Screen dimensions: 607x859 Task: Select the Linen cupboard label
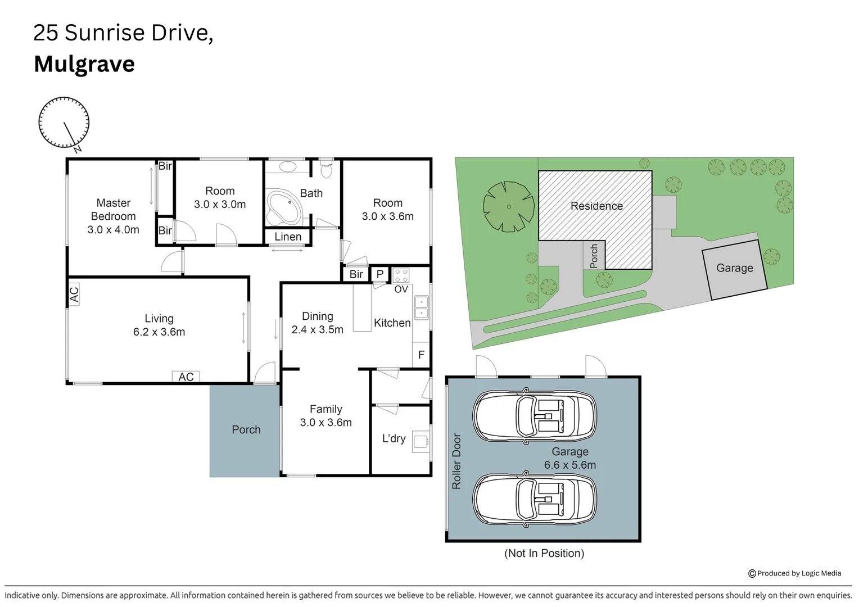[288, 237]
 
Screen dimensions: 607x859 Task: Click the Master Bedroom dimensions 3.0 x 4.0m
[113, 229]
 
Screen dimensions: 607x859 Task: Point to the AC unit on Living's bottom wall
[186, 377]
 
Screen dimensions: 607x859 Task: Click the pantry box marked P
[380, 274]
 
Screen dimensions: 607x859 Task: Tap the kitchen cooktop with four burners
[401, 275]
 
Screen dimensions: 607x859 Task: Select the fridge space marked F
[421, 355]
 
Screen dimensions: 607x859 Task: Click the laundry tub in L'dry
[419, 441]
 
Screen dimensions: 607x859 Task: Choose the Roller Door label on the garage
[456, 461]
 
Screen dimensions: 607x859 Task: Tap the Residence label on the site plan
[596, 206]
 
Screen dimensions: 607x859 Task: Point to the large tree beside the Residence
[508, 206]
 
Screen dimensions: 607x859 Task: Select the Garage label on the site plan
[734, 268]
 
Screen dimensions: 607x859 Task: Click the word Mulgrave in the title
[84, 64]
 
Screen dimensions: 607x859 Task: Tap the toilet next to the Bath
[326, 167]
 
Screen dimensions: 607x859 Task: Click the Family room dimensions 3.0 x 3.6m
[325, 423]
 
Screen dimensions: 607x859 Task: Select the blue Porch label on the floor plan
[246, 429]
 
